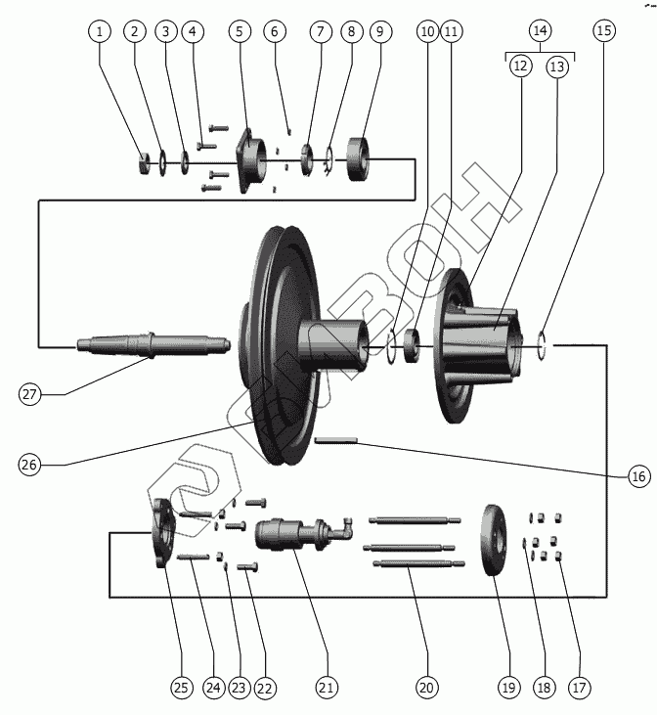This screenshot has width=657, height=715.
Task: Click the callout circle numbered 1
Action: click(x=98, y=31)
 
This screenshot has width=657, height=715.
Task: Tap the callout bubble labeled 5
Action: click(x=240, y=31)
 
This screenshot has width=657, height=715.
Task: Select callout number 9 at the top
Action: click(x=380, y=31)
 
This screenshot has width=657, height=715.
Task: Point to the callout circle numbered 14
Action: click(x=539, y=31)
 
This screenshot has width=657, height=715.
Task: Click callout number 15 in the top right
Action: click(x=604, y=31)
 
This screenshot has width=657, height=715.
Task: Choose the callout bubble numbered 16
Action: click(x=637, y=477)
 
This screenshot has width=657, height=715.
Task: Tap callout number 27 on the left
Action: click(x=30, y=394)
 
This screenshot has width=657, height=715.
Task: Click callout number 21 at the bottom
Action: click(x=327, y=688)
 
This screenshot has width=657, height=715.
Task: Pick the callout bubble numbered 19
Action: click(x=507, y=688)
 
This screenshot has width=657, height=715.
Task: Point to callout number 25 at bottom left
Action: click(x=181, y=688)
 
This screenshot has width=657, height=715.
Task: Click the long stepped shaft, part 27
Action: click(x=147, y=344)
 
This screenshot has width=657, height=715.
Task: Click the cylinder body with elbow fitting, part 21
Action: click(x=293, y=533)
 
